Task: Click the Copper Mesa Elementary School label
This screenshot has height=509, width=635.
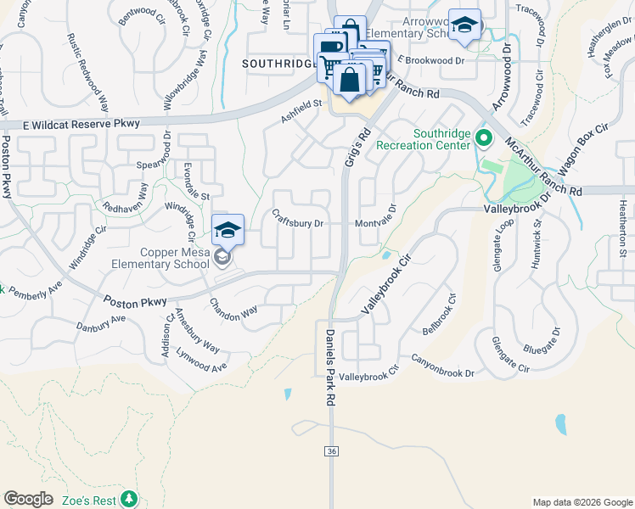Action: click(160, 258)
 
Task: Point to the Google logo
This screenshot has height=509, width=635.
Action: click(28, 499)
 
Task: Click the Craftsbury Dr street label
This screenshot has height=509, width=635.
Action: click(298, 219)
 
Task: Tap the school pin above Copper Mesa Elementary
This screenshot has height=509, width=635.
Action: click(228, 229)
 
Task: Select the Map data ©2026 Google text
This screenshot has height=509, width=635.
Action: click(582, 502)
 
